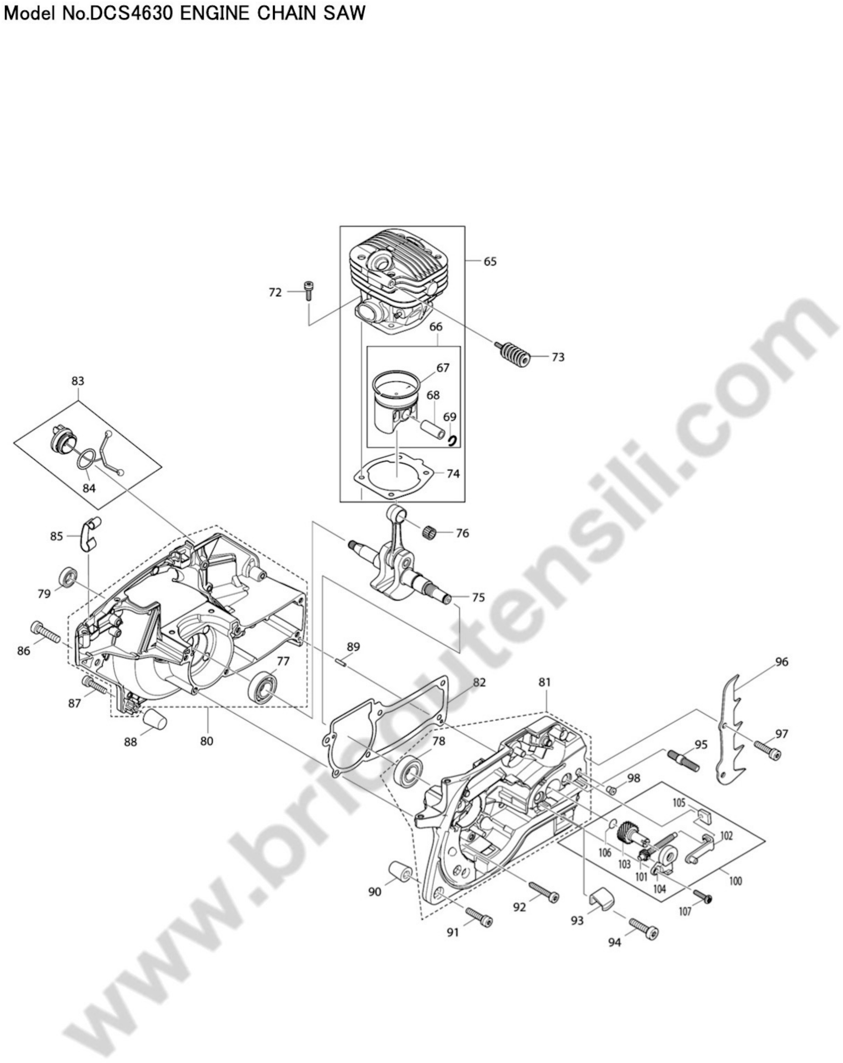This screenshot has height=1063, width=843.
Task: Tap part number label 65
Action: pos(490,261)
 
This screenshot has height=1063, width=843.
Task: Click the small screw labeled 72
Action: pos(309,290)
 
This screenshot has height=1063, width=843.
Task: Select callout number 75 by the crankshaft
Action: pos(478,597)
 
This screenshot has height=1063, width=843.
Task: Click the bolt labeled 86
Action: pos(45,632)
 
